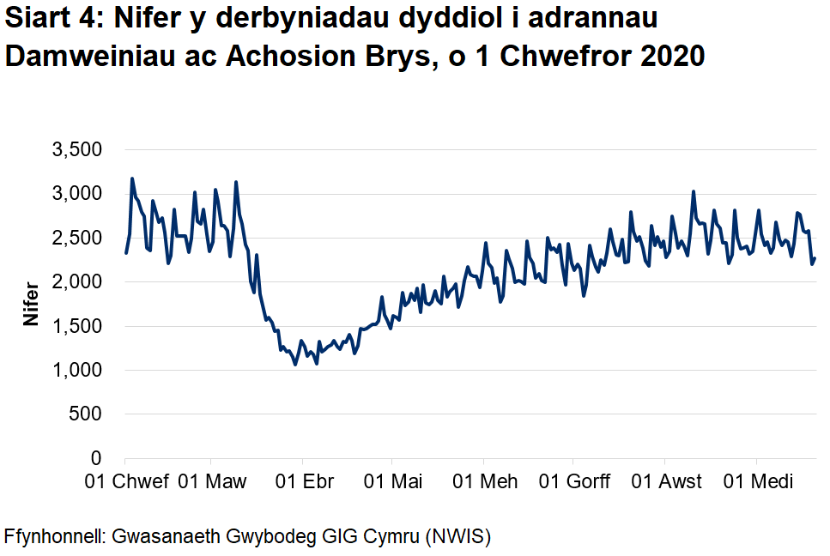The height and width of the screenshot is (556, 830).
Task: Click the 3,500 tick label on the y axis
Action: tap(78, 150)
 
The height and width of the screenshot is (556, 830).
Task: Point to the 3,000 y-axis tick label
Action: tap(78, 194)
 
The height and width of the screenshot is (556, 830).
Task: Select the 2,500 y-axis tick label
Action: tap(78, 238)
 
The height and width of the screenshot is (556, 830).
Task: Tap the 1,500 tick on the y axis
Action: tap(78, 326)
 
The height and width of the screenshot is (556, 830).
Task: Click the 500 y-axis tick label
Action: tap(86, 414)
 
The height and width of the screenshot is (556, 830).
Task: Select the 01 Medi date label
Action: tap(756, 481)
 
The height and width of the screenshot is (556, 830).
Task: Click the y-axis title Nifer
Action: tap(32, 304)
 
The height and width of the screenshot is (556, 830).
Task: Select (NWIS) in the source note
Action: tap(456, 538)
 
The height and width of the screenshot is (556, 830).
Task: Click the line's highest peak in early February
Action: tap(132, 178)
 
